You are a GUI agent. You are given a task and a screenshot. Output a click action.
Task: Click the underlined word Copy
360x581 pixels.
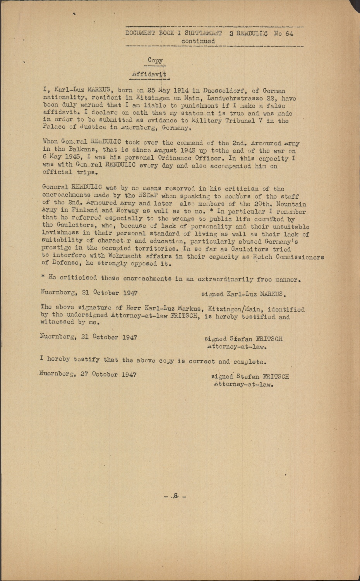pyautogui.click(x=155, y=60)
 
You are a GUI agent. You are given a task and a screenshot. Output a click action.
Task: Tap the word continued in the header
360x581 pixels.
pyautogui.click(x=198, y=40)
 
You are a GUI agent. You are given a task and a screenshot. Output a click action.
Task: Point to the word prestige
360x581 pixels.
pyautogui.click(x=58, y=249)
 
